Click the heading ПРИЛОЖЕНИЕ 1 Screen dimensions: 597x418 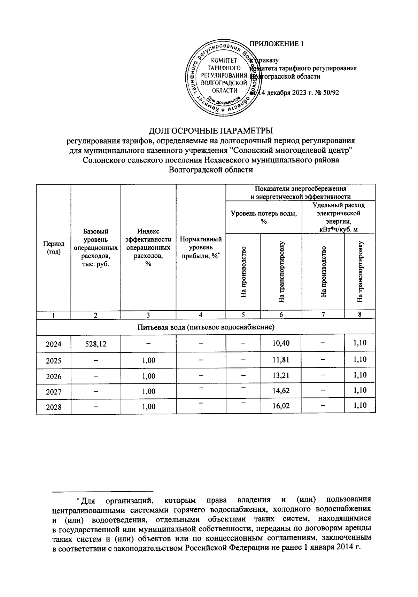(277, 44)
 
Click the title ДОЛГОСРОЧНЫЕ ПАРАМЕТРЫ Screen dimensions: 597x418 (211, 131)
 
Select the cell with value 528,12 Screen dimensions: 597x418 (96, 344)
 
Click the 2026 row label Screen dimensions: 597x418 (53, 376)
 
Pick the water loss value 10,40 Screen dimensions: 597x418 (281, 343)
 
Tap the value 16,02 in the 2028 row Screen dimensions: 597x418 (281, 406)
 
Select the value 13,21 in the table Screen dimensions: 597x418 (281, 375)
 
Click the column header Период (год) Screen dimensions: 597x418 (53, 248)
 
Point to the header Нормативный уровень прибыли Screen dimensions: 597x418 (201, 247)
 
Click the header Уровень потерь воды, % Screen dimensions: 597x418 (264, 217)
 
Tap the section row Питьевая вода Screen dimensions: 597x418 (206, 327)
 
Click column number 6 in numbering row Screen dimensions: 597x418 (281, 315)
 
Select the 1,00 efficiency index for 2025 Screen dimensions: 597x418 (148, 360)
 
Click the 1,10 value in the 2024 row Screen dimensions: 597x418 (359, 343)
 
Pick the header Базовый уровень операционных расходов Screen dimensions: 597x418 (96, 247)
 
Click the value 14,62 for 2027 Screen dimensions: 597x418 (281, 391)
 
